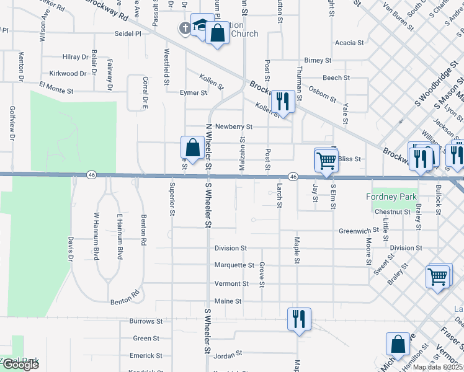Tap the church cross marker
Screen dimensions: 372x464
pos(185,28)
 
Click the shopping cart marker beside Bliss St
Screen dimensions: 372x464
pos(326,161)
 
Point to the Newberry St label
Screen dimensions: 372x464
pos(233,126)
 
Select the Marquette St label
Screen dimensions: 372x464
pos(234,265)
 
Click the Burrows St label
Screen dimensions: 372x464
pos(146,322)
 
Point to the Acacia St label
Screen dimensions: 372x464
pos(349,43)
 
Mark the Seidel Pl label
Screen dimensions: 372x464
pos(128,34)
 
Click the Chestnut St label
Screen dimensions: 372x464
pos(393,212)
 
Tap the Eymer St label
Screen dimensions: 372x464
pos(193,93)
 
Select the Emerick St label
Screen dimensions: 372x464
pos(146,356)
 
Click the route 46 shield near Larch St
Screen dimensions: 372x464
pos(294,177)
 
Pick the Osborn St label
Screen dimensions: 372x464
pos(322,94)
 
